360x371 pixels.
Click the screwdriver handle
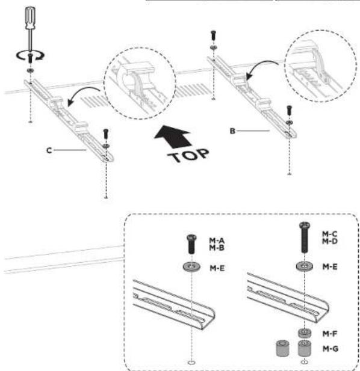click(31, 18)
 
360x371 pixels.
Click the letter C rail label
click(49, 150)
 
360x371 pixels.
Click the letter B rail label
click(232, 131)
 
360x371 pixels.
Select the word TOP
click(188, 156)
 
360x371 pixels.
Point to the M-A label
click(217, 241)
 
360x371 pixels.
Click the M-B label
click(217, 248)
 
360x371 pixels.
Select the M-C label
click(330, 234)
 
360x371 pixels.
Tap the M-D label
click(330, 241)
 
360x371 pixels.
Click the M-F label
click(330, 334)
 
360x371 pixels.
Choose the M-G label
click(330, 349)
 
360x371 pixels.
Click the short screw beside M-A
click(191, 244)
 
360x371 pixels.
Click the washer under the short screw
click(191, 266)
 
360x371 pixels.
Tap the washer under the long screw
click(305, 266)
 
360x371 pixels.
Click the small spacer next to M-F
click(305, 333)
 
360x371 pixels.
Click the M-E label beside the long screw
click(330, 267)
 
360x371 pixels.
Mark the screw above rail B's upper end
click(213, 35)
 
